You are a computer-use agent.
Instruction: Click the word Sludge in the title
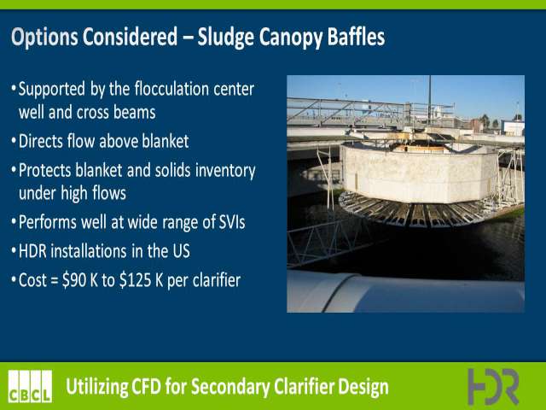tap(225, 37)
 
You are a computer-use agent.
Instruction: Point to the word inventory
tap(225, 171)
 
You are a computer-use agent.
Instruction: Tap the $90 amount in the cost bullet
tap(74, 280)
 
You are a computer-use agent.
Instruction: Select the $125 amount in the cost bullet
tap(135, 280)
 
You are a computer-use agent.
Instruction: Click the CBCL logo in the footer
tap(31, 386)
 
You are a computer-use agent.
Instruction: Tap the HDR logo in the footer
tap(493, 386)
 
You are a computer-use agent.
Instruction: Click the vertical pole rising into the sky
tap(430, 100)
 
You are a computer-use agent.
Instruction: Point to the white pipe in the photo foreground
tap(406, 292)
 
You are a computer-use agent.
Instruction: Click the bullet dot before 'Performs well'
tap(14, 222)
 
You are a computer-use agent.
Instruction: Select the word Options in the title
tap(44, 37)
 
